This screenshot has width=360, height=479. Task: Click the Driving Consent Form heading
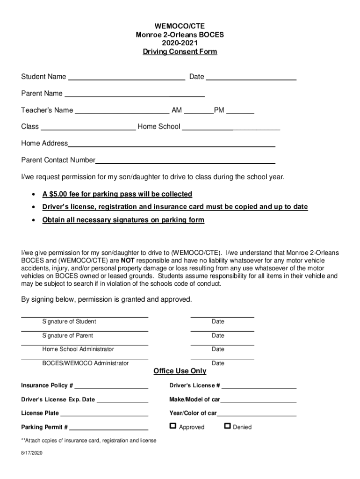tap(180, 52)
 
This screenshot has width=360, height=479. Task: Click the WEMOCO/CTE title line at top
tap(180, 26)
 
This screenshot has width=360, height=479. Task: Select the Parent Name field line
tap(135, 95)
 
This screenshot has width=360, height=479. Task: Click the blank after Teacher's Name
tap(122, 111)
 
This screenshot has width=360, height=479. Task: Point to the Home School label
tap(158, 126)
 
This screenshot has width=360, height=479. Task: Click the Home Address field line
tap(171, 145)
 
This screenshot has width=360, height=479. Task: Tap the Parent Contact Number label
tap(58, 160)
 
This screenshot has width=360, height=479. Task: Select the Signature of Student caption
tap(69, 322)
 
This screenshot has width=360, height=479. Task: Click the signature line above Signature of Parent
tap(85, 331)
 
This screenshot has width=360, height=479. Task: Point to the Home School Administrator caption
tap(78, 349)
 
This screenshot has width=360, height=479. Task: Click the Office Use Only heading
tap(180, 371)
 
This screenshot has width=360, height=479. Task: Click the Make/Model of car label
tap(194, 399)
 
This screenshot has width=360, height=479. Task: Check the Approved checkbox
tap(173, 426)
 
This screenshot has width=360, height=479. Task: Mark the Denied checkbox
tap(227, 426)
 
